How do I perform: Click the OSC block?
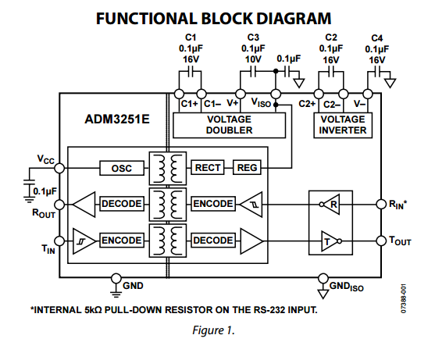click(122, 168)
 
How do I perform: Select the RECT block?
click(208, 168)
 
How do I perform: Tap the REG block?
click(247, 168)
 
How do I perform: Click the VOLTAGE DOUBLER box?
click(229, 125)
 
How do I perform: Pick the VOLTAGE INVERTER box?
click(343, 125)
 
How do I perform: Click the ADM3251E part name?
click(117, 119)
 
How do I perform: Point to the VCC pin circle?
click(59, 168)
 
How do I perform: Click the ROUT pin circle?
click(59, 205)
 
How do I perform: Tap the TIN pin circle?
click(59, 241)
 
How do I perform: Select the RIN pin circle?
click(381, 204)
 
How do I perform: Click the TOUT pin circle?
click(381, 241)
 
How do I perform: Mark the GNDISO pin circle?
click(323, 278)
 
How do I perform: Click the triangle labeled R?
click(332, 205)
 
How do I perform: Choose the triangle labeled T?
click(329, 241)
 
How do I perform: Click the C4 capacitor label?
click(376, 38)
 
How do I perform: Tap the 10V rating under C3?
click(253, 59)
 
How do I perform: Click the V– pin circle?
click(368, 94)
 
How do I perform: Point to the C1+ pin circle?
click(179, 94)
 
